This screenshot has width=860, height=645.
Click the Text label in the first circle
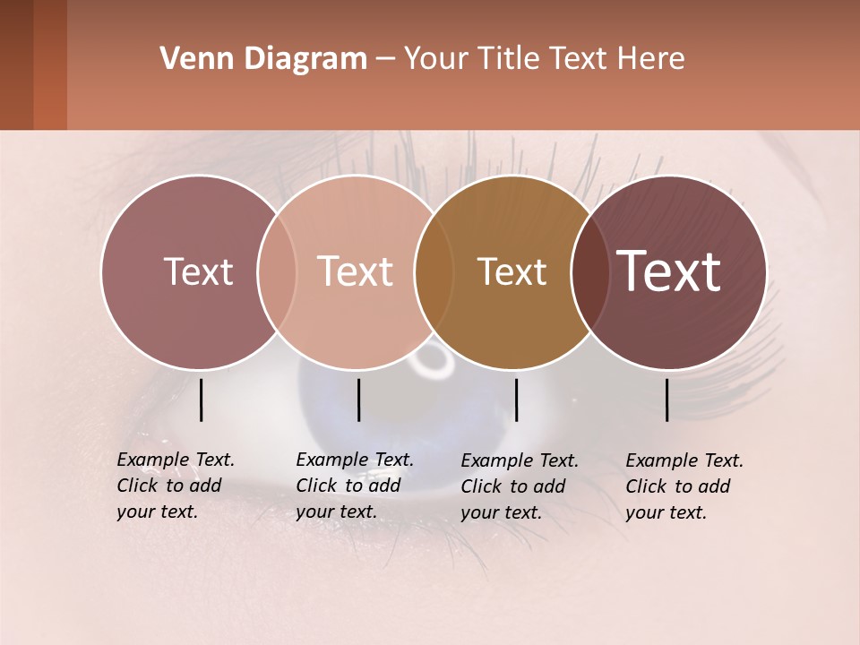198,271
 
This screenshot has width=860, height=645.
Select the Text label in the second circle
355,271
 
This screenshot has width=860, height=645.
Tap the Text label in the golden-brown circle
512,271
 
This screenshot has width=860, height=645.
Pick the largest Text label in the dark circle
668,271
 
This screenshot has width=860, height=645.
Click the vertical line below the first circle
201,400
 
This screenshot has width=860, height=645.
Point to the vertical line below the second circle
358,400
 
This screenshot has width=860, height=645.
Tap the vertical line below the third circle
516,400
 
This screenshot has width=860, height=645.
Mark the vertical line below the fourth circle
667,400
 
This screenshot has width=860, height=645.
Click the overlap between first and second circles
277,271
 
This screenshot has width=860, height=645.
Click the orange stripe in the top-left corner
50,64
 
